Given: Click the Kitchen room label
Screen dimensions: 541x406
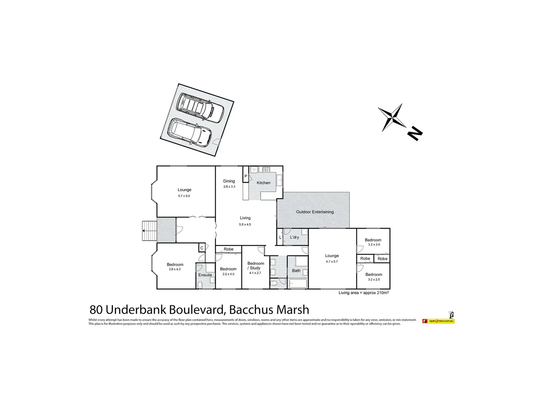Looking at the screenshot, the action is (x=264, y=183).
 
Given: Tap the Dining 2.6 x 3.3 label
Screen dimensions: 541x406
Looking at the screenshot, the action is (x=229, y=184).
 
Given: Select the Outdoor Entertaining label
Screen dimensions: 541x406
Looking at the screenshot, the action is (x=315, y=212).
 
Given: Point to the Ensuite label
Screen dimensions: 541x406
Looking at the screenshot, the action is (x=205, y=275).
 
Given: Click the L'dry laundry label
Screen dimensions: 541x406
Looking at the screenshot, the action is (x=294, y=237).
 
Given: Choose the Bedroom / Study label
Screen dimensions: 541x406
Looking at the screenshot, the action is (x=255, y=266).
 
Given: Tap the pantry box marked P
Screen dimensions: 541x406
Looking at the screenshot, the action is (x=246, y=177).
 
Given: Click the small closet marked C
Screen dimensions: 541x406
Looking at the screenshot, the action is (x=202, y=248).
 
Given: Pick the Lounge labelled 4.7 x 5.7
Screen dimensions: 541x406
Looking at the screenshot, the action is (x=332, y=258).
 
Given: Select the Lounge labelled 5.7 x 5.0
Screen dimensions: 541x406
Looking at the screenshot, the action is (x=184, y=192).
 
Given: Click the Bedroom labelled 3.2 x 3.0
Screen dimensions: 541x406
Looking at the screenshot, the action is (x=373, y=242).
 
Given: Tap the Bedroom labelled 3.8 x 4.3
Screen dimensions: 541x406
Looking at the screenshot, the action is (x=175, y=267).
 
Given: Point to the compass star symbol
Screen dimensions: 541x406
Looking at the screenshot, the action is (x=392, y=117).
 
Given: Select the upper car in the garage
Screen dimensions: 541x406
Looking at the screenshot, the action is (x=200, y=107).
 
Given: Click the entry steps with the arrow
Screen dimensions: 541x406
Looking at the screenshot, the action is (x=149, y=231).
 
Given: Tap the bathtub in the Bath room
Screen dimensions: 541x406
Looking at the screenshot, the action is (x=298, y=284).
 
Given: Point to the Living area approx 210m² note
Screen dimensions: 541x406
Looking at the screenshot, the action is (x=363, y=293).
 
